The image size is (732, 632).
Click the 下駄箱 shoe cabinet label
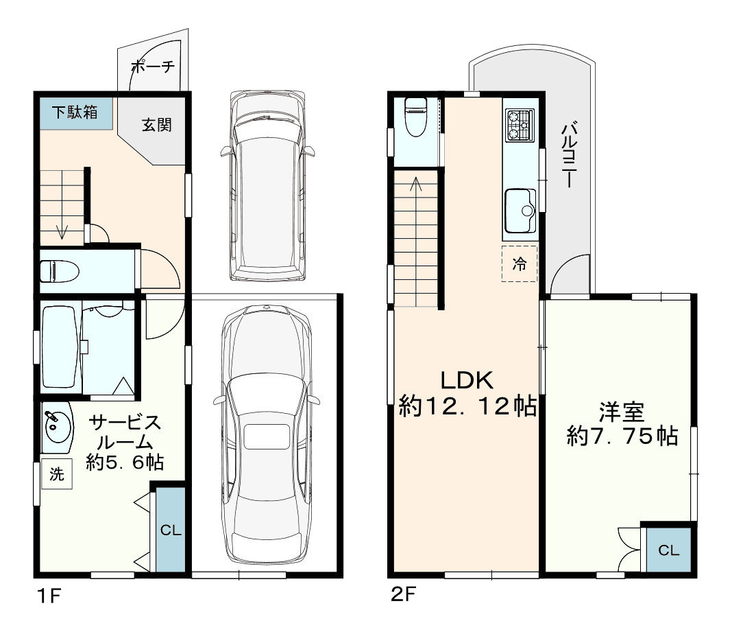coord(75,112)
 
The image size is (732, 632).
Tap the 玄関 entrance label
coord(156,125)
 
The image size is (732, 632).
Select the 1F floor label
coord(49,596)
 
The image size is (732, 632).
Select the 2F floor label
coord(404,594)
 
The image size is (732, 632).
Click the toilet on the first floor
coord(60,272)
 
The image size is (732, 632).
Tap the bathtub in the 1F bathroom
coord(59,347)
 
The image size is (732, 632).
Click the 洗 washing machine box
coord(56,473)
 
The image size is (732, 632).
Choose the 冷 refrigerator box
coord(520,264)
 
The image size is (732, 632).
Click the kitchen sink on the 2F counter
coord(520,211)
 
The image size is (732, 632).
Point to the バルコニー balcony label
coord(569,154)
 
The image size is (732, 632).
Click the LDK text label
coord(467,381)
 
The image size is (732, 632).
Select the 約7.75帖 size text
coord(622,436)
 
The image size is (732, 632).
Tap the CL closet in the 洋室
coord(668,550)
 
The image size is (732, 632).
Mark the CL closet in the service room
coord(171,530)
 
